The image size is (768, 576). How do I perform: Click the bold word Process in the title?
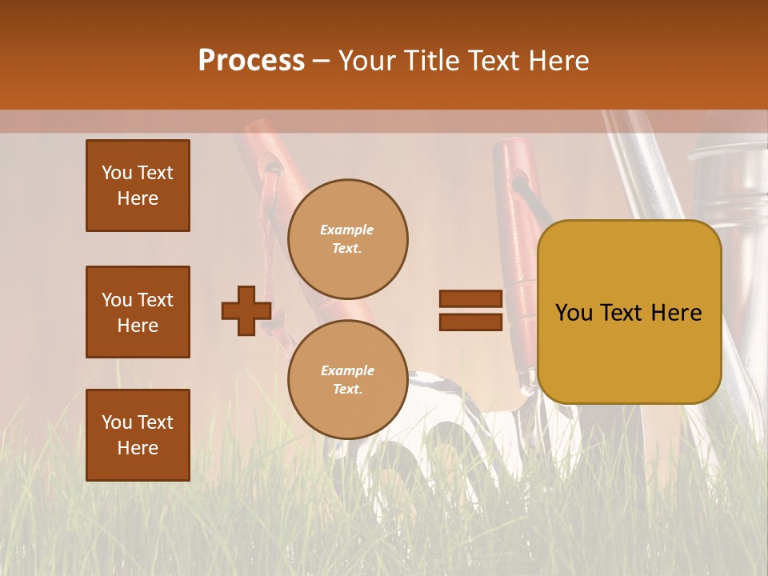pos(251,61)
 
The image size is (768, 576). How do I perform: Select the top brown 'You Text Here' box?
pos(138,186)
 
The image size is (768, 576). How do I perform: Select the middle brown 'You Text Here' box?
pos(138,312)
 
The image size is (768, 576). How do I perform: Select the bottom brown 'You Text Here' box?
pos(138,435)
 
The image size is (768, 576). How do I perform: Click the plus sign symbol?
pos(246,311)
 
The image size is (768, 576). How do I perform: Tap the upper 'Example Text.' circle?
pos(347,239)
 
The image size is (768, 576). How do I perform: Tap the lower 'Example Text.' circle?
pos(347,380)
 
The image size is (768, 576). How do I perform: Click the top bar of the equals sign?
pos(470,299)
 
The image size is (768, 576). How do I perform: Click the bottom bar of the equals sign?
pos(470,322)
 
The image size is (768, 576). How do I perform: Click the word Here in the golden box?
pos(676,313)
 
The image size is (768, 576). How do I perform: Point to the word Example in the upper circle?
pos(346,230)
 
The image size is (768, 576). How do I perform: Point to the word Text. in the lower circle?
pos(347,390)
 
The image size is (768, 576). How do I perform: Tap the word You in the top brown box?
pos(116,173)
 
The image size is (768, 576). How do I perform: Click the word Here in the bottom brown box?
pos(138,448)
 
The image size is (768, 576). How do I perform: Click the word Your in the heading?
pos(366,61)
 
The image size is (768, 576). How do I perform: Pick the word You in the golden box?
pos(574,313)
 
